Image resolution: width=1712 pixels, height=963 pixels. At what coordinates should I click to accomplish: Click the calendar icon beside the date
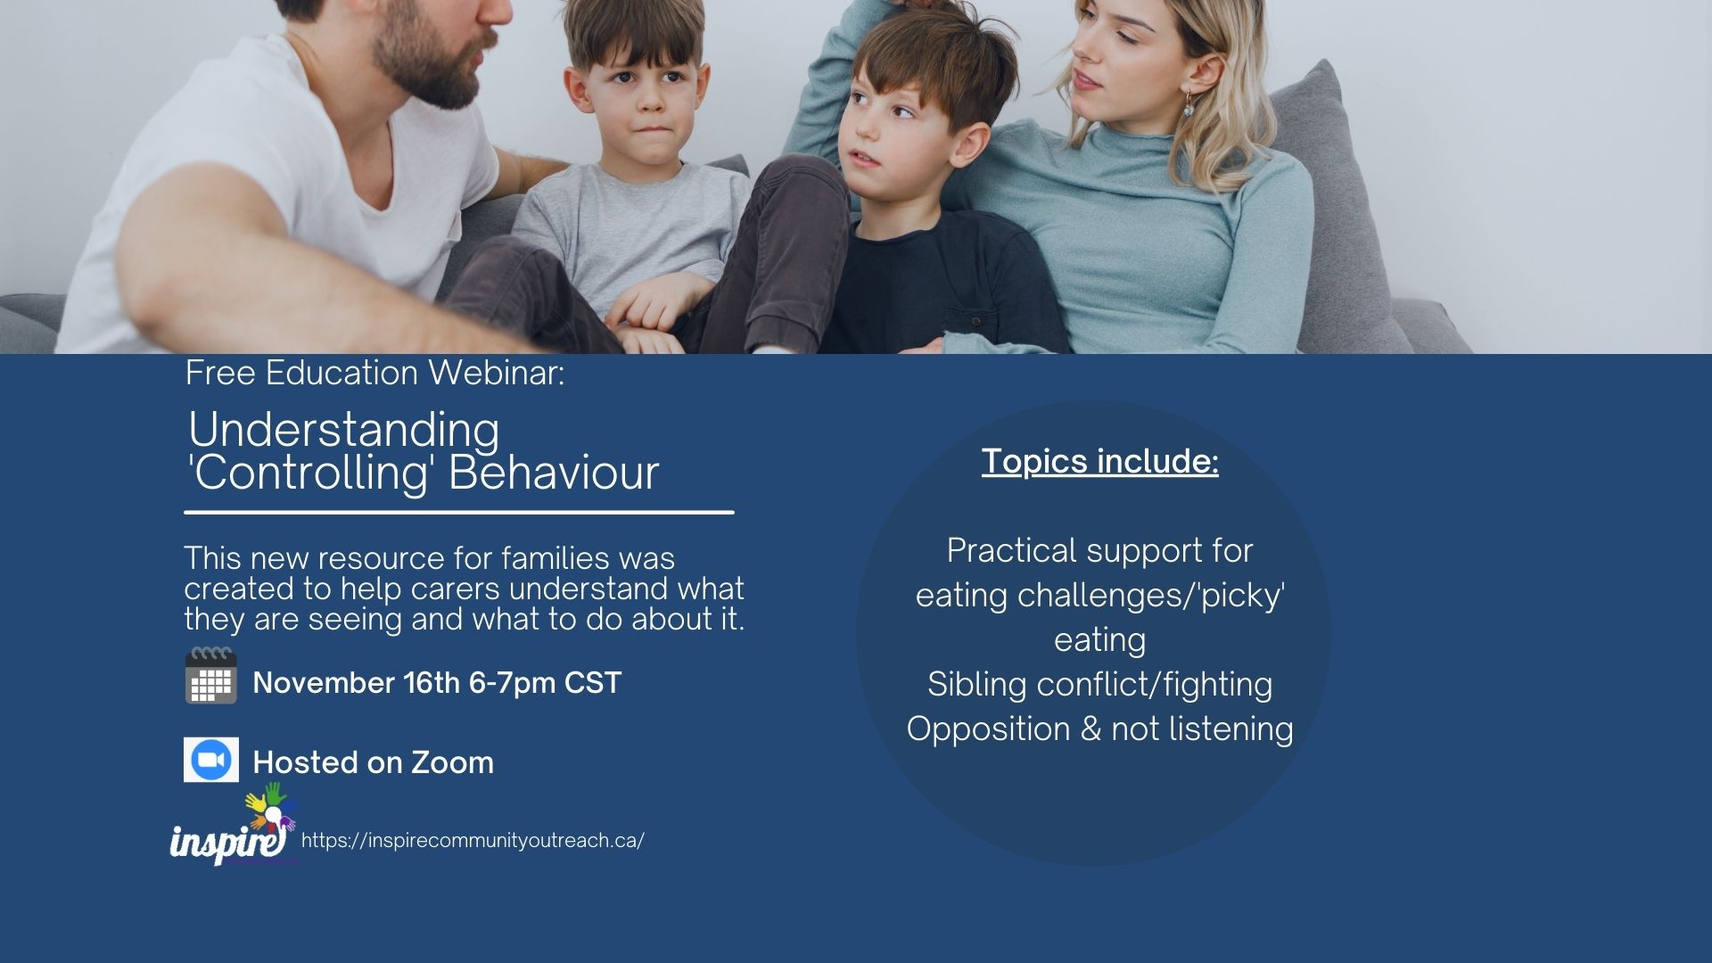pyautogui.click(x=211, y=676)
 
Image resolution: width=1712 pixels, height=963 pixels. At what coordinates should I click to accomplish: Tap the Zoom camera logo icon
pyautogui.click(x=211, y=760)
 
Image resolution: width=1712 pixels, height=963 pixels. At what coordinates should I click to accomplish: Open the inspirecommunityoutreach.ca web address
pyautogui.click(x=473, y=841)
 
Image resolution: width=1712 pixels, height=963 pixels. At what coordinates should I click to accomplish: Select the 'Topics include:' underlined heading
pyautogui.click(x=1100, y=461)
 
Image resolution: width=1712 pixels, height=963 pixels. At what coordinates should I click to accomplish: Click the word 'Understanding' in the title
pyautogui.click(x=344, y=430)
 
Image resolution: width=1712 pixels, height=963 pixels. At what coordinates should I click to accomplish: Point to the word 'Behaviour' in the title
pyautogui.click(x=554, y=473)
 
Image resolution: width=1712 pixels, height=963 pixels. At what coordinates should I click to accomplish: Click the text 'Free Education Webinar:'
pyautogui.click(x=375, y=373)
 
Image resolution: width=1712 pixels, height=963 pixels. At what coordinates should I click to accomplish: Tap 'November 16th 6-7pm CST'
pyautogui.click(x=437, y=683)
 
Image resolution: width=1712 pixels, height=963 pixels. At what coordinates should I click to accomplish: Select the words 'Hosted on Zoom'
pyautogui.click(x=374, y=763)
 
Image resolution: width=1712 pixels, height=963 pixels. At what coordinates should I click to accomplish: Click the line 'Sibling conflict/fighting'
pyautogui.click(x=1100, y=685)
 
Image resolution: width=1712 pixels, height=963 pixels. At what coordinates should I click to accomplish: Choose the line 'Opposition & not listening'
pyautogui.click(x=1100, y=729)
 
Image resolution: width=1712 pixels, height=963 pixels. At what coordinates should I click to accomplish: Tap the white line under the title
pyautogui.click(x=459, y=513)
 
